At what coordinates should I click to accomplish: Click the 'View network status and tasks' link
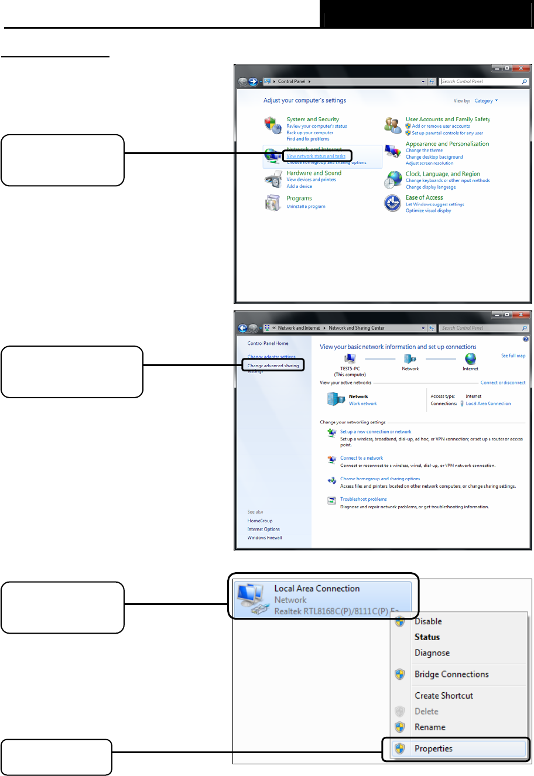pos(316,156)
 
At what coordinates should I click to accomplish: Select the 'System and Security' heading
pos(313,119)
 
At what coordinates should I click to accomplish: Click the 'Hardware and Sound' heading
pos(314,173)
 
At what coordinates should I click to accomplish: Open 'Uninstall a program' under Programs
pos(306,207)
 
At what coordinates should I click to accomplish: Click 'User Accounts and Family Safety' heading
pos(448,119)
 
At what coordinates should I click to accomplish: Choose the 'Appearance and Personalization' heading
pos(447,144)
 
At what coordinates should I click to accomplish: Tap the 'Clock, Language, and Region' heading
pos(443,174)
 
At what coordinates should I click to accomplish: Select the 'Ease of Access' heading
pos(425,198)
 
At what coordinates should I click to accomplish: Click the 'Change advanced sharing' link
pos(273,365)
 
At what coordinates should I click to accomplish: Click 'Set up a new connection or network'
pos(376,432)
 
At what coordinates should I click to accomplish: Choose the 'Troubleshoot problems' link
pos(364,500)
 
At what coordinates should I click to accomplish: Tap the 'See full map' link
pos(513,355)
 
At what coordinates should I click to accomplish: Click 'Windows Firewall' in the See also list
pos(265,538)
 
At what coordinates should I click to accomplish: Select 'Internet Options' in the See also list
pos(263,529)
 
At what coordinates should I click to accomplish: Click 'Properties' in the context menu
pos(433,748)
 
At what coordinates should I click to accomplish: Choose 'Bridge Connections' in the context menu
pos(451,675)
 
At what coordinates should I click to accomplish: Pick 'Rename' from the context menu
pos(430,727)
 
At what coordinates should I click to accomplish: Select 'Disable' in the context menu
pos(428,621)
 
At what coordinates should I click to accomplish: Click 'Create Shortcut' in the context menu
pos(444,696)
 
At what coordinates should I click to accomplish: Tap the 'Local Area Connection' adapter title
pos(317,589)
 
